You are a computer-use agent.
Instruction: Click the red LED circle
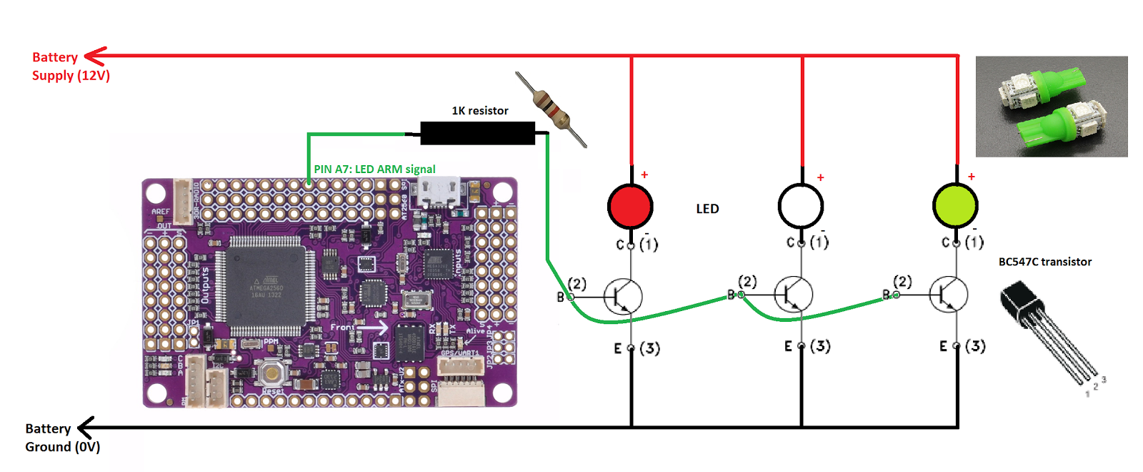(630, 207)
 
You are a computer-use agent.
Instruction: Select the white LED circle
(801, 206)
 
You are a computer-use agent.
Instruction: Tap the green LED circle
(955, 205)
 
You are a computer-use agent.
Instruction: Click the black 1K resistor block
(477, 133)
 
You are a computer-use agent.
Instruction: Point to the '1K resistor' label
(480, 111)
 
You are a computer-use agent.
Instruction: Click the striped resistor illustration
(552, 109)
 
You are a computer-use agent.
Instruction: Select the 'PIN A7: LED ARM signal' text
(374, 169)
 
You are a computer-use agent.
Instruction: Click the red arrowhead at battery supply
(95, 56)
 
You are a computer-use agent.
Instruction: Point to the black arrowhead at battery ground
(86, 428)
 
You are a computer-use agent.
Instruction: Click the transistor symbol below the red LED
(623, 295)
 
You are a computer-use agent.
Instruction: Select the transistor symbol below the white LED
(794, 294)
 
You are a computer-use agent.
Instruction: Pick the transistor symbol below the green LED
(949, 294)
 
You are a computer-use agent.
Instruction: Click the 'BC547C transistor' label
(1044, 262)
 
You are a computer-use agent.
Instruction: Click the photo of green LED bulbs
(1052, 107)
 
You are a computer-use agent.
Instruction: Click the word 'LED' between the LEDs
(707, 209)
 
